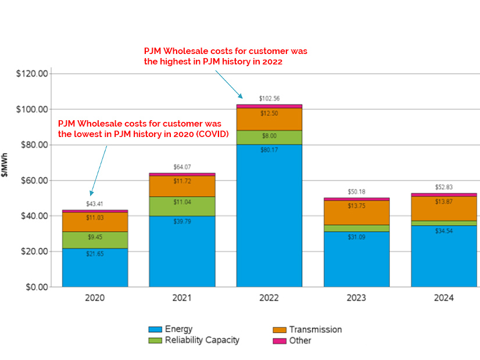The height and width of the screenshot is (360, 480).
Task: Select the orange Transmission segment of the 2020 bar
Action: click(95, 222)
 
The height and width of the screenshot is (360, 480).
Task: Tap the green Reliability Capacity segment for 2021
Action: click(182, 207)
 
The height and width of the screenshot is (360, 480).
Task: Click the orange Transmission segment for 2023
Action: click(356, 213)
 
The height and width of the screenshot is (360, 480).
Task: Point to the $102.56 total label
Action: click(269, 99)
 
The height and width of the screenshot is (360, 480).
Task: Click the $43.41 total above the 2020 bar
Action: click(95, 204)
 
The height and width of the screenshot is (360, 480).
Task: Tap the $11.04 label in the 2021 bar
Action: click(182, 203)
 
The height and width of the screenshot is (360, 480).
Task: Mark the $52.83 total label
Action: click(443, 187)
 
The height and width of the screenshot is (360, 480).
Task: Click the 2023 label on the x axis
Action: click(356, 298)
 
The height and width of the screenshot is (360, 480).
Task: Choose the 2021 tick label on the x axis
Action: click(182, 298)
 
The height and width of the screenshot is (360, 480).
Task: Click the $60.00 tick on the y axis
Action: click(33, 181)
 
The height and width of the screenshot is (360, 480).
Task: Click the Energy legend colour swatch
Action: click(155, 329)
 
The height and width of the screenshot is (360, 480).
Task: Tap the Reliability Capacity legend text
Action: click(202, 340)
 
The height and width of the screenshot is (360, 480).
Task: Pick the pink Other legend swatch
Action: click(279, 340)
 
